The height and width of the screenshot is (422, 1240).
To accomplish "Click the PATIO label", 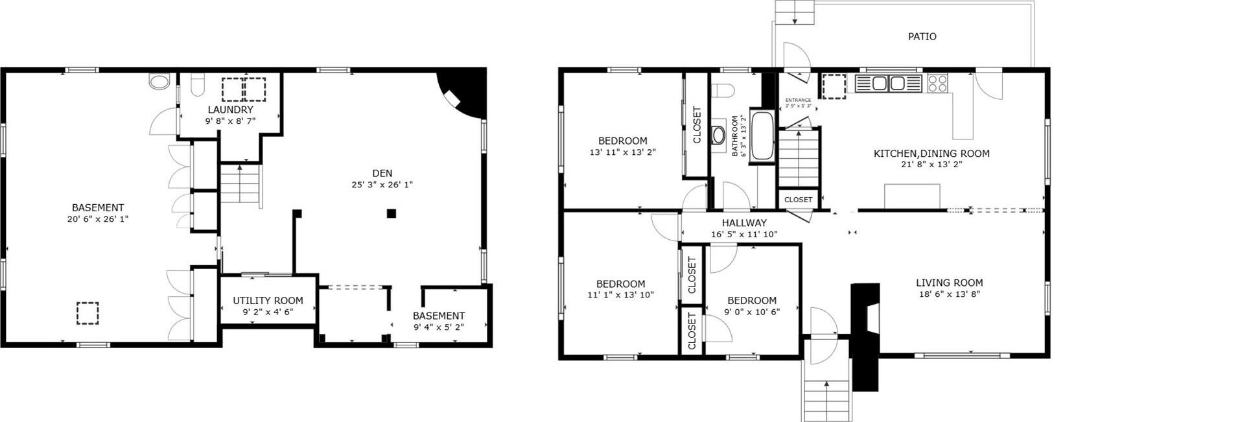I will [x=921, y=37].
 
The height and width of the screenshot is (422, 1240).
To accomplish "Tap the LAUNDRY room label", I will [x=230, y=110].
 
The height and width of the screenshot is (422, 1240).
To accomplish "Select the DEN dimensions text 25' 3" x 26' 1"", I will [x=382, y=185].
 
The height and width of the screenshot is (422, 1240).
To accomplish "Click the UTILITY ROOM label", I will [x=268, y=301].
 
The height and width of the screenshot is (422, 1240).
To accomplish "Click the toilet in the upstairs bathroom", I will [x=721, y=90].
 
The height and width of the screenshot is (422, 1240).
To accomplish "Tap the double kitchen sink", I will [x=888, y=84].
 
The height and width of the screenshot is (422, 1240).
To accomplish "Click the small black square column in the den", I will [x=391, y=213].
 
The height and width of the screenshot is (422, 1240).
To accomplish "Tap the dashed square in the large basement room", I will [x=87, y=313].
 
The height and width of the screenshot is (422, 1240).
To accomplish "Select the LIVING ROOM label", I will [x=948, y=283].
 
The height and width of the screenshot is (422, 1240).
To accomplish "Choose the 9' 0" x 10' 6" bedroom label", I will [x=751, y=301].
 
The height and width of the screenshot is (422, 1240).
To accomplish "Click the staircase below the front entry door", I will [x=826, y=392].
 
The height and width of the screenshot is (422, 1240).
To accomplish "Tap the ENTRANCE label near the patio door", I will [x=797, y=100].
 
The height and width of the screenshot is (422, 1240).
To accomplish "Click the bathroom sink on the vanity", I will [x=718, y=135].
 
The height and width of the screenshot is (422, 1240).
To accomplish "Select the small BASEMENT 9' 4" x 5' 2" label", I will [x=438, y=316].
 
